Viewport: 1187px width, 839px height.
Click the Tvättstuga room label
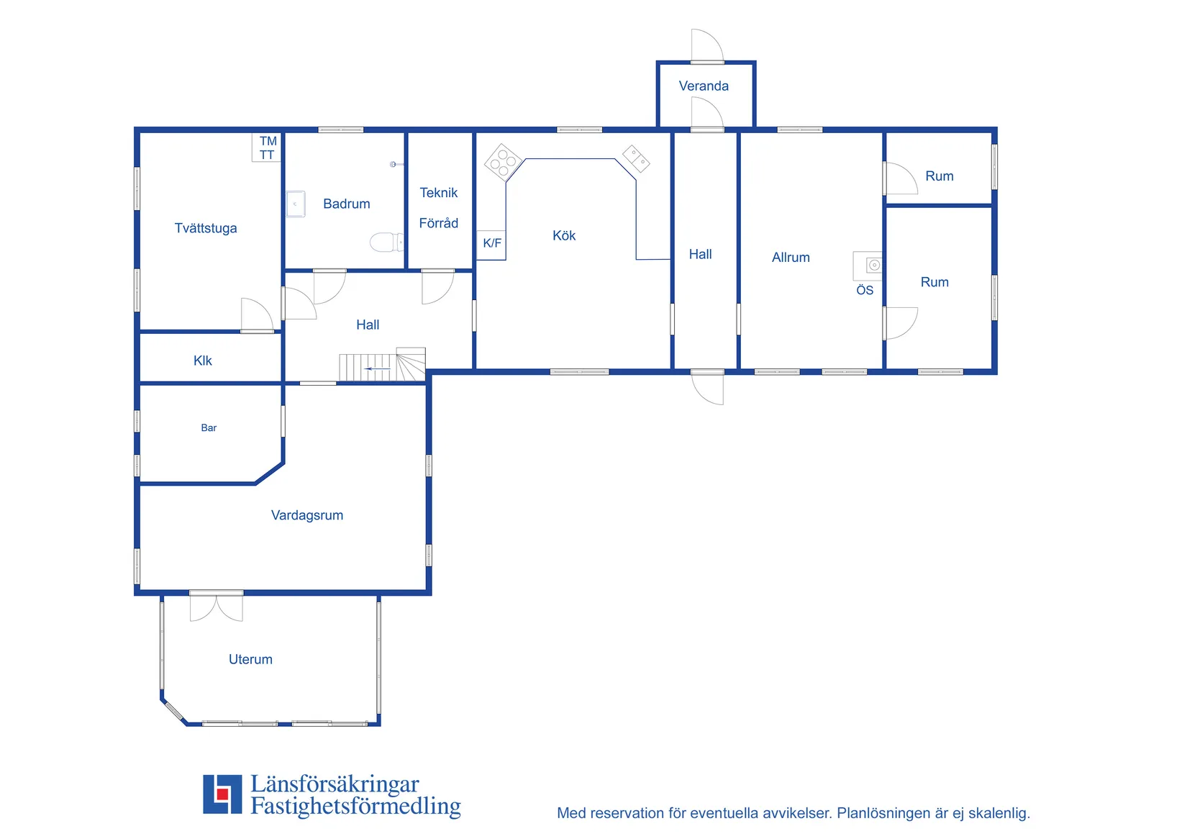pos(206,228)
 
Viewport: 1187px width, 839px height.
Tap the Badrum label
pos(347,204)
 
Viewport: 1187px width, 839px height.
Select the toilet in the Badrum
pos(386,242)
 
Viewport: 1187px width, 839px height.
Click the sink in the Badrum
pos(296,204)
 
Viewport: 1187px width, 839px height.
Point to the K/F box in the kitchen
pos(491,245)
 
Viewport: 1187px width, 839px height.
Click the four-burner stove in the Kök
pos(503,162)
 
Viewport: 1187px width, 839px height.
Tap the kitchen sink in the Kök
pos(636,158)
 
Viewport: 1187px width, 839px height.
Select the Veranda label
pos(703,86)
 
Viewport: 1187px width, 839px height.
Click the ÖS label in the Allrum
pos(865,290)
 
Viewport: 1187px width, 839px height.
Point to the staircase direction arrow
pos(377,368)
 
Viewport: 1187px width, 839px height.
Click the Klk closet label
pos(202,361)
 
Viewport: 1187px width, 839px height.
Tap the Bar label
pos(209,427)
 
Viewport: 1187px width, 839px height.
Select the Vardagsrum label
pos(306,515)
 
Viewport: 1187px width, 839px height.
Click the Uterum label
pos(250,659)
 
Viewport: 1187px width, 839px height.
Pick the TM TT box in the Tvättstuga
pos(267,148)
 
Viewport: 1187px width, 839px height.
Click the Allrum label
pos(791,258)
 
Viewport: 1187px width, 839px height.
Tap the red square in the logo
pos(222,794)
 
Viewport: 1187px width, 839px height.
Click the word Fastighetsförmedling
pos(355,807)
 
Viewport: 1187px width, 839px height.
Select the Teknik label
pos(438,193)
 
